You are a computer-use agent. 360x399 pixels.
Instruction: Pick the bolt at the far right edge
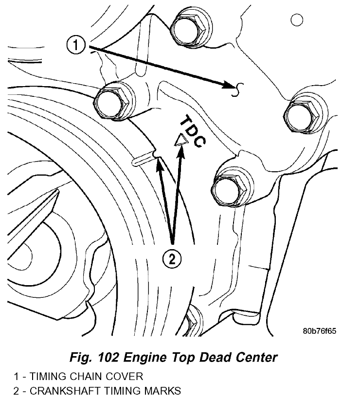pyautogui.click(x=301, y=116)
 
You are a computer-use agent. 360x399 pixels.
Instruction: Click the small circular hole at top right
pyautogui.click(x=296, y=20)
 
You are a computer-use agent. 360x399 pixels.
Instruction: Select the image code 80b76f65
pyautogui.click(x=319, y=331)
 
